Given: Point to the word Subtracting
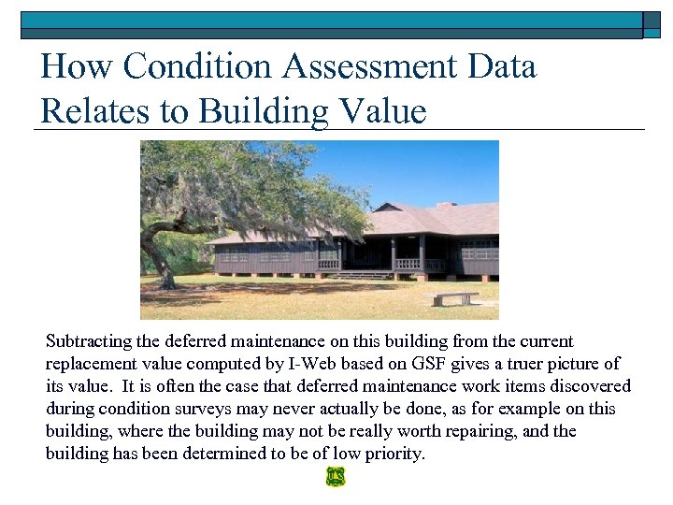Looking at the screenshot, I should pos(93,341).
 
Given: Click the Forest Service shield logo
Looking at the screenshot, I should pos(336,477).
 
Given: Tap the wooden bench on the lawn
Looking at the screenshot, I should pos(453,298).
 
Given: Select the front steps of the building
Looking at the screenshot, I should pos(365,275).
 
